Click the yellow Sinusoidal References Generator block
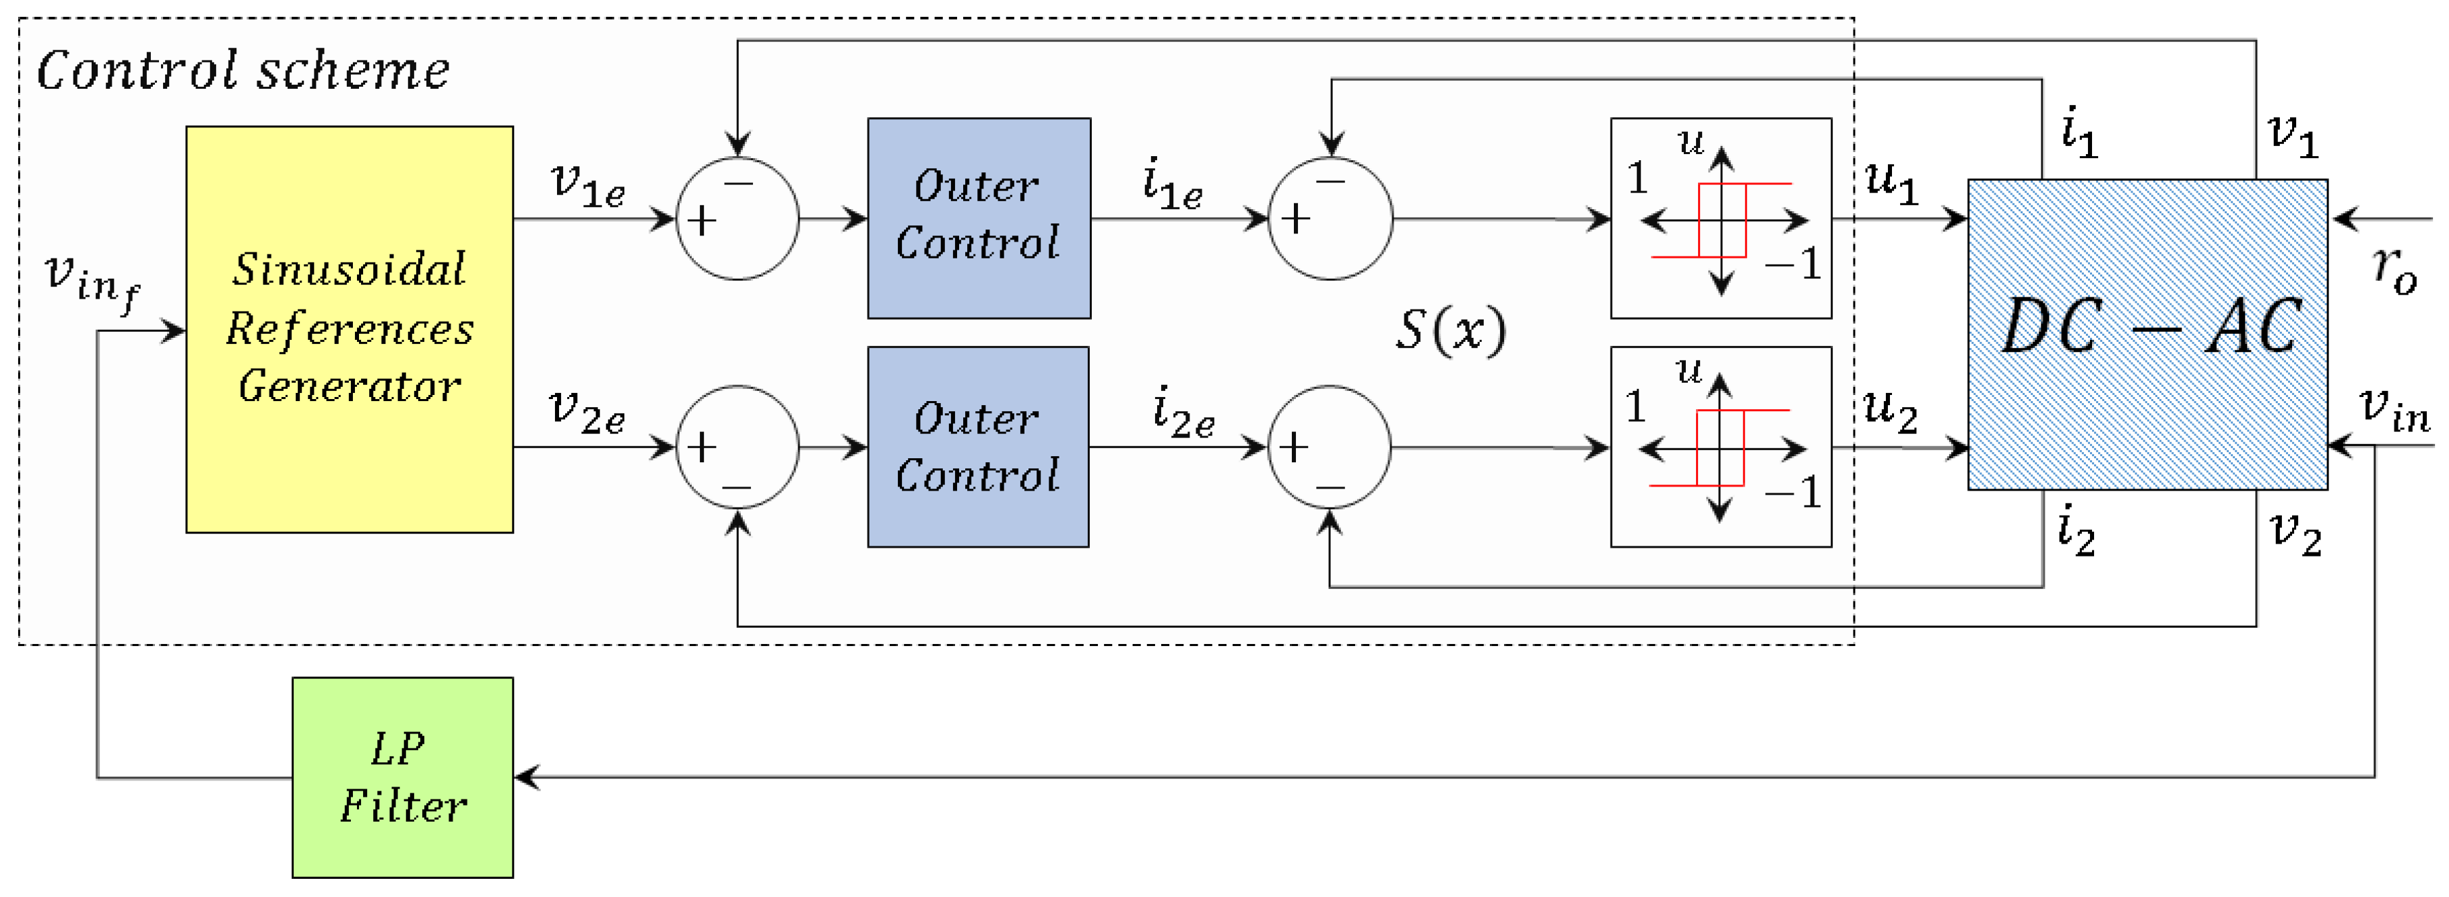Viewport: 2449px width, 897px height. point(349,329)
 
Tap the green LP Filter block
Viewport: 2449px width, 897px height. point(402,777)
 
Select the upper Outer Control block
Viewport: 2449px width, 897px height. point(978,217)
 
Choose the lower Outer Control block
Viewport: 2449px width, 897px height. point(977,447)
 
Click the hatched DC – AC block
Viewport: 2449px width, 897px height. point(2147,334)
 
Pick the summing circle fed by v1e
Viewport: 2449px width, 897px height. point(737,219)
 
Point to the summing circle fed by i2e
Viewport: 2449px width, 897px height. point(1329,447)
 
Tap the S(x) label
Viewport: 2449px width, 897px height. point(1450,330)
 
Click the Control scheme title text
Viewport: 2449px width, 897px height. point(242,71)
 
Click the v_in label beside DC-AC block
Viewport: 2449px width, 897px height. point(2394,408)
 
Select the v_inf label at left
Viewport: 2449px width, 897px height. point(92,281)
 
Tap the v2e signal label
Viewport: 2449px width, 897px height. point(587,411)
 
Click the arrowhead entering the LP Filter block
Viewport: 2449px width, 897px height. point(527,777)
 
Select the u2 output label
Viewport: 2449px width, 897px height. point(1889,410)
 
